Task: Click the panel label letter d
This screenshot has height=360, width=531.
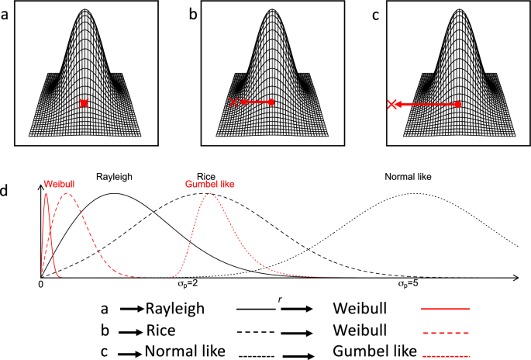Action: coord(6,189)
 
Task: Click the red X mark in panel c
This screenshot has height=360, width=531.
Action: coord(393,103)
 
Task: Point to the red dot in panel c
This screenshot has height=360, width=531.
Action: coord(458,103)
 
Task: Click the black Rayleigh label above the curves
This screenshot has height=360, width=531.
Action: coord(115,176)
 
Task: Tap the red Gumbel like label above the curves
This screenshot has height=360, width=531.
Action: coord(209,185)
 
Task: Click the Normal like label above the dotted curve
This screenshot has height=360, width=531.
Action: coord(408,176)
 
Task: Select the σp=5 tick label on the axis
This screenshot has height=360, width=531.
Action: coord(409,285)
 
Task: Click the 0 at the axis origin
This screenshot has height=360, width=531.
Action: coord(40,285)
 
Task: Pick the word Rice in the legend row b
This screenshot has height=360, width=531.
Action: coord(160,329)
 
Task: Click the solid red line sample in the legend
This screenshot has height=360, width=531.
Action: coord(446,308)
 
